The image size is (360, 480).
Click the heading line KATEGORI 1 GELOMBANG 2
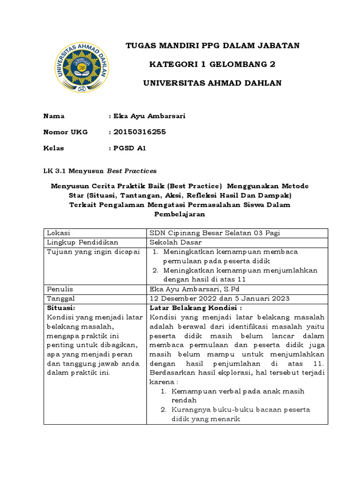click(x=212, y=64)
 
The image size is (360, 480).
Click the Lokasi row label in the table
click(x=58, y=233)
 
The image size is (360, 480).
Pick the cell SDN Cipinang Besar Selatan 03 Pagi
click(x=215, y=233)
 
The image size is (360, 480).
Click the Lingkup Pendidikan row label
click(x=82, y=242)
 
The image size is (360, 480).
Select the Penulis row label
click(x=60, y=289)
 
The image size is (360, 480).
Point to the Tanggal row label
click(x=61, y=299)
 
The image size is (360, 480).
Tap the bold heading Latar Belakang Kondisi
click(x=195, y=308)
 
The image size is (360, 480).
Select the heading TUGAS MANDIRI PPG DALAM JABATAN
click(x=212, y=45)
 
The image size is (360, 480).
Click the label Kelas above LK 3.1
click(x=53, y=148)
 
